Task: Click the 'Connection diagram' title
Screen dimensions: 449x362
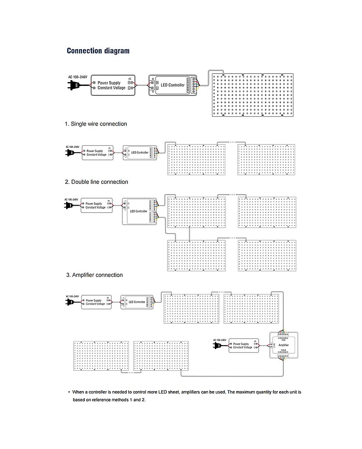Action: coord(98,51)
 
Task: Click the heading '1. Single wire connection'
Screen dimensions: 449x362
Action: coord(96,124)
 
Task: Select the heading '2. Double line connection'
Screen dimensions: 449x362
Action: coord(97,182)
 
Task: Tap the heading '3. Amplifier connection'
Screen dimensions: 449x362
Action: coord(94,275)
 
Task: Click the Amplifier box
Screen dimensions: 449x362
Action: coord(284,345)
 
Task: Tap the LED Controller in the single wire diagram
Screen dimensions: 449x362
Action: coord(140,152)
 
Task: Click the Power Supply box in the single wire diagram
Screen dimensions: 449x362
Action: coord(97,152)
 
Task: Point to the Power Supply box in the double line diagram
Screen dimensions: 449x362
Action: coord(97,205)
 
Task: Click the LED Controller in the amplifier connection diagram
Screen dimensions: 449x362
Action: coord(137,302)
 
